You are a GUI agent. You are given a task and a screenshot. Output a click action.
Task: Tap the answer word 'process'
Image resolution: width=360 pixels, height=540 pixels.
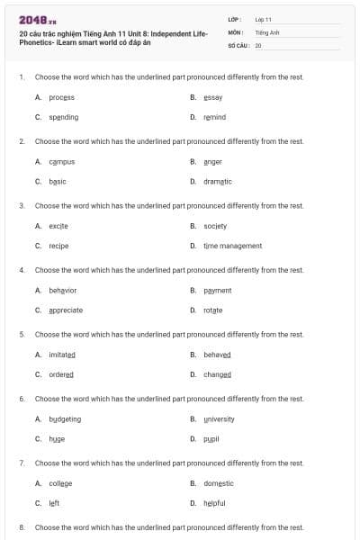pos(61,97)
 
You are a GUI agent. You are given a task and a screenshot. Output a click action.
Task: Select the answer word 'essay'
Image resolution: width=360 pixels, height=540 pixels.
pos(213,97)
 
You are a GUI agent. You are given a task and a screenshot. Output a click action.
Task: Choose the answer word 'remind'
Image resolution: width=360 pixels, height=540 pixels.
pos(214,117)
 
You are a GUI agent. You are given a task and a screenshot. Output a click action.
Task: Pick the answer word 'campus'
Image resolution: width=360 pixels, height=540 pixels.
pos(61,161)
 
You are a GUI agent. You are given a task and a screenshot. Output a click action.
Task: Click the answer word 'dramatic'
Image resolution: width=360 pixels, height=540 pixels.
pos(218,181)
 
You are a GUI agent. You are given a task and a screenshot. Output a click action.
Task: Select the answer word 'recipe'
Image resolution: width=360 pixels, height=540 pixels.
pos(58,246)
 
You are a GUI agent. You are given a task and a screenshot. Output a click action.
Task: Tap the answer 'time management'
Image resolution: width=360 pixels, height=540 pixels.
pos(232,246)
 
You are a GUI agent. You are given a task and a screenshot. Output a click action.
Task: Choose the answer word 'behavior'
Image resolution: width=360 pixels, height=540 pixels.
pos(63,290)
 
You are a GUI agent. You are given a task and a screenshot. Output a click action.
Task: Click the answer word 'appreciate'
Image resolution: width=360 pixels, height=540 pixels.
pos(66,310)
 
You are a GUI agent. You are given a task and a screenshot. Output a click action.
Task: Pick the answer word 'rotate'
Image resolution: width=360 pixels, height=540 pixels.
pos(213,310)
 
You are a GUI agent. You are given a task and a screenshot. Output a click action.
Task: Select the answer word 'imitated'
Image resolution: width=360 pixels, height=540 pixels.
pos(62,355)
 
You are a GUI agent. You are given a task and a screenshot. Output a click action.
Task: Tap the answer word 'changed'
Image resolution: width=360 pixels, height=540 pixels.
pos(217,374)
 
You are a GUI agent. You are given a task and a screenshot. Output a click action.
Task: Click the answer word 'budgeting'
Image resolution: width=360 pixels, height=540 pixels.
pos(65,418)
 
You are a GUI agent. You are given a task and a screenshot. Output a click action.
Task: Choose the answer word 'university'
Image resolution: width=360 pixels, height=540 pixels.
pos(219,418)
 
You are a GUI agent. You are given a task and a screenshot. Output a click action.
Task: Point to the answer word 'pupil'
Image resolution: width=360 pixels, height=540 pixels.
pos(211,438)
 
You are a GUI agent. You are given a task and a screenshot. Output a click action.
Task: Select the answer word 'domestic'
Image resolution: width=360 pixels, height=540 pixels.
pos(219,483)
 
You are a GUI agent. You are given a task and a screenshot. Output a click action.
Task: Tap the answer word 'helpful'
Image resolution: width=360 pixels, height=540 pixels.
pos(214,503)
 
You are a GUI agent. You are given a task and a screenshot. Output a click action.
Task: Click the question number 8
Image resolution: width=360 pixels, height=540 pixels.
pos(22,527)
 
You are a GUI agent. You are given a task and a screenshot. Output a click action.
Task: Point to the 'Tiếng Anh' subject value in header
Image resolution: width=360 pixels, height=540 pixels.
pos(267,31)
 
